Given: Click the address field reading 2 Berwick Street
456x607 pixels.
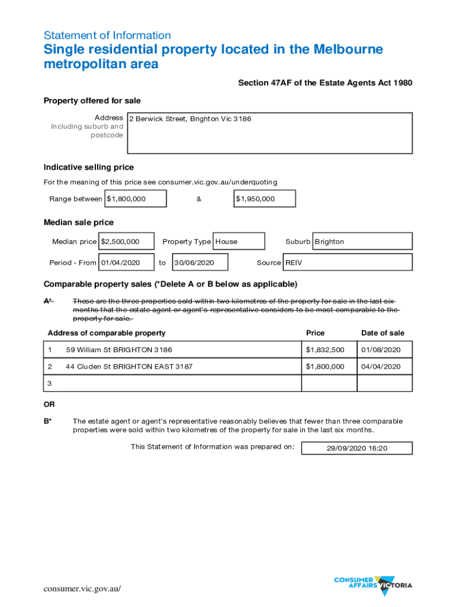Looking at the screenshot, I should click(x=269, y=133).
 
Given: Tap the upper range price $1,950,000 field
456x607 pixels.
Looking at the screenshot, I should click(x=265, y=199).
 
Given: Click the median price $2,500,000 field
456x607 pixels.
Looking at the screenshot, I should click(x=127, y=241).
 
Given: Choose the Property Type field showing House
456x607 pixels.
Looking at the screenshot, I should click(x=238, y=241).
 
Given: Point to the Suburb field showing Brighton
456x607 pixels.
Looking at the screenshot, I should click(x=362, y=241).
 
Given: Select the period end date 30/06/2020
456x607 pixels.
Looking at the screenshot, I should click(x=200, y=262).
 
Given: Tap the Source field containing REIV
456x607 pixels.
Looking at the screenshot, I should click(x=348, y=262).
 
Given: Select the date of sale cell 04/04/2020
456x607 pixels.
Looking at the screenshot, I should click(x=384, y=366).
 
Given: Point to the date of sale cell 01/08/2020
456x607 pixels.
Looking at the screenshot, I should click(x=384, y=350).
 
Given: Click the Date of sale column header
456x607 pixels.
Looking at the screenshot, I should click(x=383, y=333).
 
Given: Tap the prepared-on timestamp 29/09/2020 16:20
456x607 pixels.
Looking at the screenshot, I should click(x=357, y=448).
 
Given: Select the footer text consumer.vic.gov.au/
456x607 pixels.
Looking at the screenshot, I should click(x=82, y=589).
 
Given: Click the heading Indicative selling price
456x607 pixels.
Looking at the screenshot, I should click(x=89, y=167).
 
